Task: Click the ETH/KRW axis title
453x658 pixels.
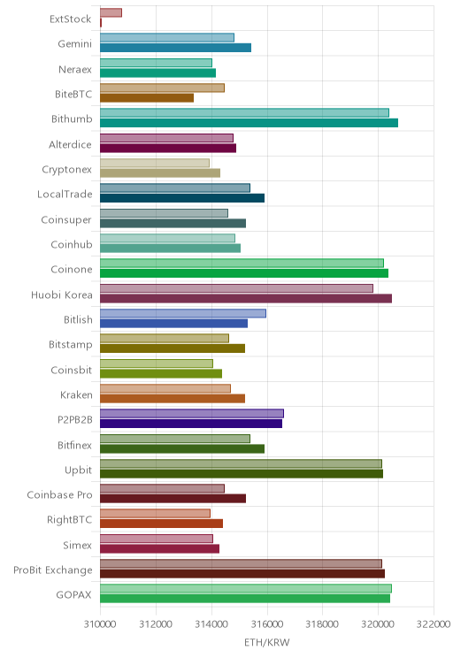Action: point(267,642)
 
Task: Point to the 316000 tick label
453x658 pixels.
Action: point(267,624)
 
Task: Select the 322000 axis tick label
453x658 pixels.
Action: point(434,624)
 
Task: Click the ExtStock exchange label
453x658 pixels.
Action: point(70,19)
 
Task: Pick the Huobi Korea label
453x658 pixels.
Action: point(62,295)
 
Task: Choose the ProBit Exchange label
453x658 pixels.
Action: point(53,570)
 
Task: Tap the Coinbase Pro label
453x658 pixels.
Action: point(59,494)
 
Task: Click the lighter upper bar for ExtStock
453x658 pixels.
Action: point(111,12)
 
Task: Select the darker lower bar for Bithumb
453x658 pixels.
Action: point(249,123)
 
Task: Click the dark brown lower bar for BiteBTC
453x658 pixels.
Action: point(147,98)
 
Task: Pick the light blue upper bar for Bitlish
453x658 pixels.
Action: point(182,313)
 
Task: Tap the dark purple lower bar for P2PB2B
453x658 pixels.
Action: point(191,424)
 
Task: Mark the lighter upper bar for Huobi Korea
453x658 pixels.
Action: point(236,288)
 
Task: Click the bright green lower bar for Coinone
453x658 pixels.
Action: point(244,273)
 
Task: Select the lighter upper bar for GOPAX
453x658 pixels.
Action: point(246,588)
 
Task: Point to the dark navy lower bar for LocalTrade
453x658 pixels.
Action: point(182,198)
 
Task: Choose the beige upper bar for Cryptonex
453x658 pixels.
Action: point(155,163)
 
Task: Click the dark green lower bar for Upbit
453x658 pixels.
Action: point(242,474)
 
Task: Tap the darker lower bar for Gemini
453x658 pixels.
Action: point(175,48)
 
